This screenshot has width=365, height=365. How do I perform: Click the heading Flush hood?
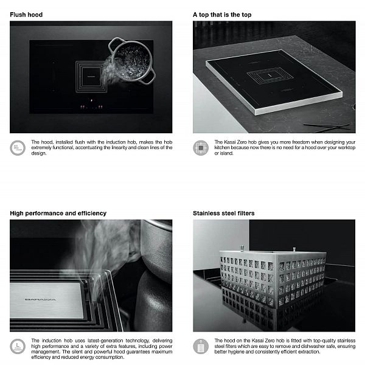tap(26, 15)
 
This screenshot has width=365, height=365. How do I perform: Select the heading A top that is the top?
tap(222, 15)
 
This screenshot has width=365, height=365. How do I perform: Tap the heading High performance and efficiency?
tap(58, 214)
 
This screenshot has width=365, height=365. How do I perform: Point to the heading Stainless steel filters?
tap(224, 214)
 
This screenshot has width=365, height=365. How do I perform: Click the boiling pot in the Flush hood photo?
tap(132, 60)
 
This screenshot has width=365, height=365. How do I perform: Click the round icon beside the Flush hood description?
tap(18, 148)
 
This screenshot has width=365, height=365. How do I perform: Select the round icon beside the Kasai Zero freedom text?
tap(201, 148)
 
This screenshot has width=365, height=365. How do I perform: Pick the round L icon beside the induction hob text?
tap(18, 346)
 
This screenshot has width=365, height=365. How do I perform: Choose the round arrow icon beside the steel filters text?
tap(201, 346)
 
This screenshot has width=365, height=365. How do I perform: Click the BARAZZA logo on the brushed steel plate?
tap(41, 299)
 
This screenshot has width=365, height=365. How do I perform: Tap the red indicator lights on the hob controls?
tap(91, 106)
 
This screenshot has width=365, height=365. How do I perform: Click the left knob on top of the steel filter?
tap(242, 248)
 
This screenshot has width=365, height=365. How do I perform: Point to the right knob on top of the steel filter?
tap(294, 249)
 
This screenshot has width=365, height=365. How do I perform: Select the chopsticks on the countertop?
tap(327, 127)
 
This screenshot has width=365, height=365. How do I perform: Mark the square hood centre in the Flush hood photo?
tap(91, 76)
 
